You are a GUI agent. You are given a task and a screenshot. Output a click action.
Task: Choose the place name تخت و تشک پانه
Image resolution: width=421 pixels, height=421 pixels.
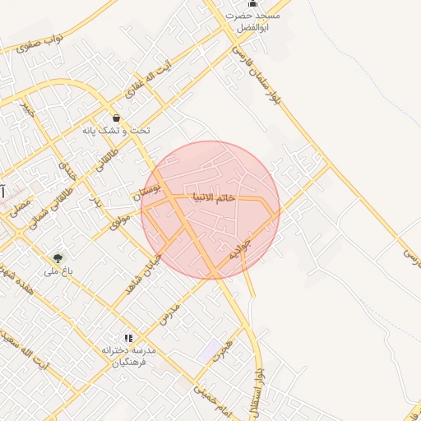pyautogui.click(x=113, y=131)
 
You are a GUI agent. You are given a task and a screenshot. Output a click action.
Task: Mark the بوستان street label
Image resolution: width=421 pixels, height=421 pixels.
pyautogui.click(x=149, y=193)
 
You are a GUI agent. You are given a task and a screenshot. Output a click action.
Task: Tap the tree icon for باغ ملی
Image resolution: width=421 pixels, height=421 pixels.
pyautogui.click(x=57, y=258)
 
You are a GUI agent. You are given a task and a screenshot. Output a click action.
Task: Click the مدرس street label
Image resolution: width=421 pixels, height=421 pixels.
pyautogui.click(x=169, y=312)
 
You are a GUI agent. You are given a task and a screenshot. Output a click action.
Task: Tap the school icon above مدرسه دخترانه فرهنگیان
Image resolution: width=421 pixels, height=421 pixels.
pyautogui.click(x=127, y=337)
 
